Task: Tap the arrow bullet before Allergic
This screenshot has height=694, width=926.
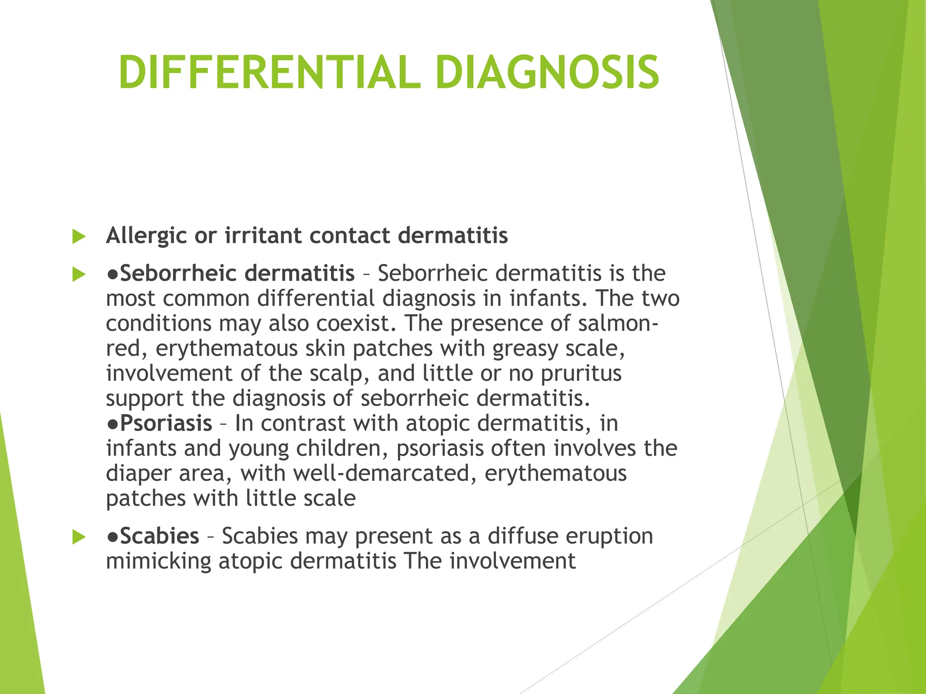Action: point(79,236)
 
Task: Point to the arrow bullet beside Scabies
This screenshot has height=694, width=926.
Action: point(79,537)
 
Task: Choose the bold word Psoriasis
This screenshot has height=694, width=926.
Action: point(166,423)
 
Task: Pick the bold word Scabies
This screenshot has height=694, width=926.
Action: point(160,536)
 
